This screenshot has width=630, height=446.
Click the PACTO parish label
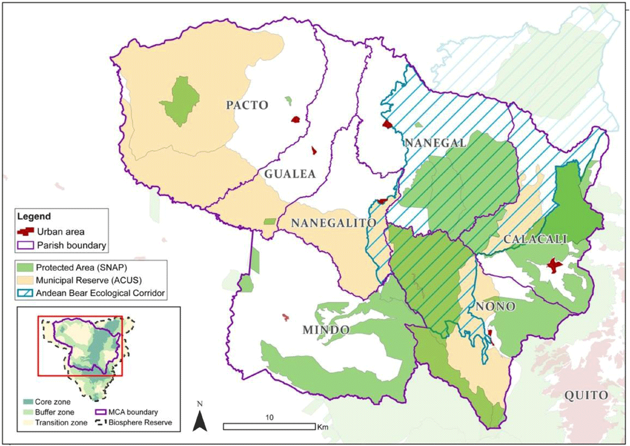[247, 105]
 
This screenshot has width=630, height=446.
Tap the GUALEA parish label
[291, 174]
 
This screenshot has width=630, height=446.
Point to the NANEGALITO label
[333, 223]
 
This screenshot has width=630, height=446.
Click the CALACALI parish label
[535, 239]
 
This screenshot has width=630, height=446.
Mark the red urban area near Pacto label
[297, 120]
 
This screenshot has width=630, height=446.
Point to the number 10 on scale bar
[269, 418]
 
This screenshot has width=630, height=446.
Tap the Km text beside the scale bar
[323, 427]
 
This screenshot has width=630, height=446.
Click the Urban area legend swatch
[25, 231]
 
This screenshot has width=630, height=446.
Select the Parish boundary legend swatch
[25, 245]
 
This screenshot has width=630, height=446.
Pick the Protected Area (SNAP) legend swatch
[25, 267]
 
